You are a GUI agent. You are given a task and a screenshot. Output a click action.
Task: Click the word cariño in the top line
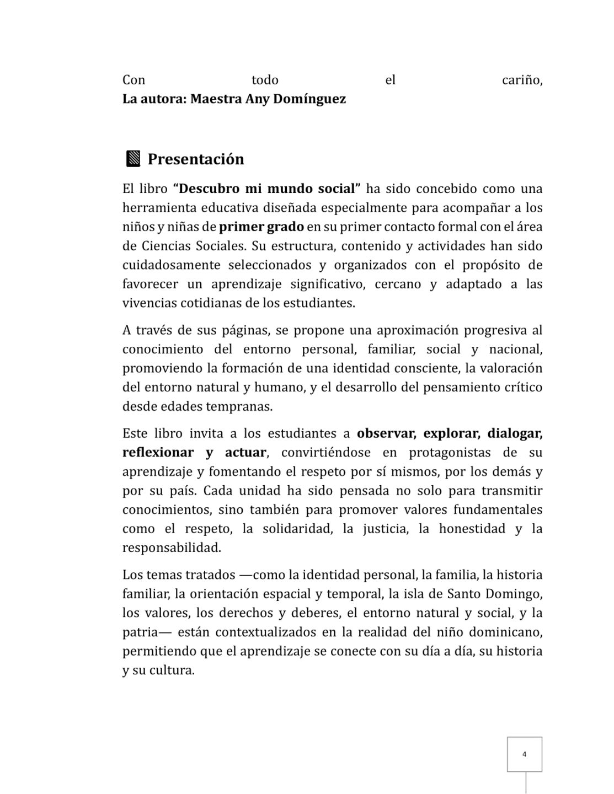pyautogui.click(x=522, y=81)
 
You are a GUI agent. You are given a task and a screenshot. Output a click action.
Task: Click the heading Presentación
pyautogui.click(x=196, y=159)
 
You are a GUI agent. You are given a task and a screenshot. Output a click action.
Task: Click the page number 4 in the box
pyautogui.click(x=524, y=754)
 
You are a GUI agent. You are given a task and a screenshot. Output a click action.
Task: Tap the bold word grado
pyautogui.click(x=286, y=227)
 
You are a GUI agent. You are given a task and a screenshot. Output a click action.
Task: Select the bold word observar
pyautogui.click(x=385, y=433)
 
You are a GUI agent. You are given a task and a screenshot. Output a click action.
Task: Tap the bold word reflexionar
pyautogui.click(x=158, y=453)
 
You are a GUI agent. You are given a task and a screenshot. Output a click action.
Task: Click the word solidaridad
pyautogui.click(x=297, y=529)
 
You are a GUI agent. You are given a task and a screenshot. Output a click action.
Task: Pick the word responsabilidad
pyautogui.click(x=172, y=548)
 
